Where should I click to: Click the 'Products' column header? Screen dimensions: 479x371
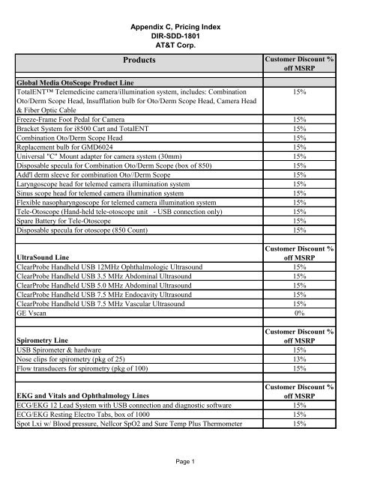click(x=134, y=61)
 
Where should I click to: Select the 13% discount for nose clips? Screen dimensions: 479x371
click(x=300, y=358)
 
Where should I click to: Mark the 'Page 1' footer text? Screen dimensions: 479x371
click(x=184, y=463)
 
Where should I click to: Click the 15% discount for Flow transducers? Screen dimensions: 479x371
click(x=300, y=367)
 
